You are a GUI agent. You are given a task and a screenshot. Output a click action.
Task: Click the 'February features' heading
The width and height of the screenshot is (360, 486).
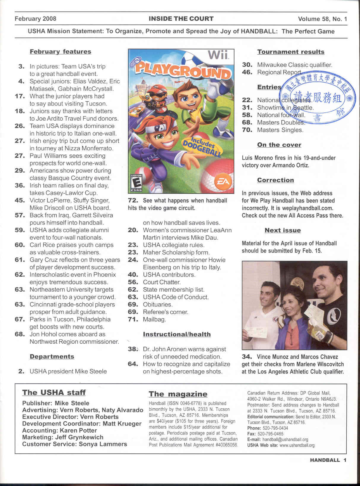60,52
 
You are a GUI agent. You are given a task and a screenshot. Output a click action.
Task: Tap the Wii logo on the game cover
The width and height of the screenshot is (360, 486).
218,55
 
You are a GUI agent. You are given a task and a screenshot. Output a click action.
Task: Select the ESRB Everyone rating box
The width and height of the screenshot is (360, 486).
137,182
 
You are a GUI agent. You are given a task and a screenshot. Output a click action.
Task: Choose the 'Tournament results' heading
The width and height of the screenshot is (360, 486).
291,52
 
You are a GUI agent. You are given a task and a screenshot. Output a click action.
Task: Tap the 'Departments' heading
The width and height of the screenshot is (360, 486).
52,356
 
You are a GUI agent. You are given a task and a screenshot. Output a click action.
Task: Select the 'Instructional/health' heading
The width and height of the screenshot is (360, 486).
177,334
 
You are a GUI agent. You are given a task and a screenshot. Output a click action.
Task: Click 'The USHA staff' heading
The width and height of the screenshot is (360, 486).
54,393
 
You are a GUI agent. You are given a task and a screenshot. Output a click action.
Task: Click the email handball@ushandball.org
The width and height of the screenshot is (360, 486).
285,439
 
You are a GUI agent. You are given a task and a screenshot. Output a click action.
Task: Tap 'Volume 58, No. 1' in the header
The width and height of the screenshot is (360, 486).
322,19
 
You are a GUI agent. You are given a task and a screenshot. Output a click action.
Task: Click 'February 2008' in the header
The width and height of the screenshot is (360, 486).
35,19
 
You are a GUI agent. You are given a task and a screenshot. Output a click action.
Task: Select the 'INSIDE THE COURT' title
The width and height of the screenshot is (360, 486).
181,19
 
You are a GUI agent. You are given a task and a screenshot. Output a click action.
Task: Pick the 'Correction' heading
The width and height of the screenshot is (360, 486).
275,180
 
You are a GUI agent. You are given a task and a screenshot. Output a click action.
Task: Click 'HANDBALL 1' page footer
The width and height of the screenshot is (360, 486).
328,460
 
